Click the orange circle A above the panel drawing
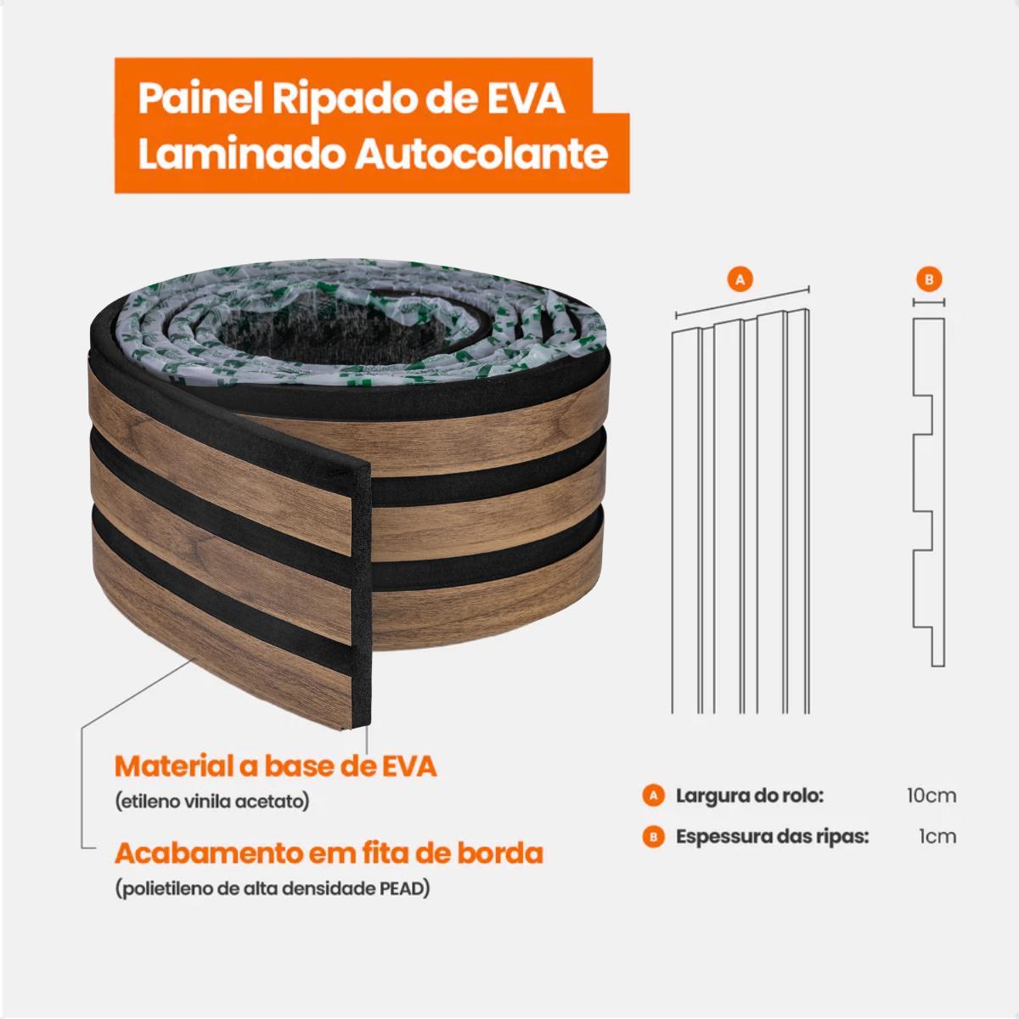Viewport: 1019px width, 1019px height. click(x=740, y=279)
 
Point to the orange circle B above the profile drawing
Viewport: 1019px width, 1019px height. click(x=929, y=279)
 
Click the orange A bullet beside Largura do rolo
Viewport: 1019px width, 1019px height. click(x=654, y=796)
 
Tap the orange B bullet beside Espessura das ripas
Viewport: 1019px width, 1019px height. click(x=654, y=837)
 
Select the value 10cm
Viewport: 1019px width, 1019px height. click(x=932, y=796)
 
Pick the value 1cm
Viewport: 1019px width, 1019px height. click(x=937, y=837)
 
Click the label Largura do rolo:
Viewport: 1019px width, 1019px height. click(x=750, y=796)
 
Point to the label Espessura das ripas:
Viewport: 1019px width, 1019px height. click(x=773, y=837)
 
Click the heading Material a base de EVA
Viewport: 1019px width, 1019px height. click(x=276, y=766)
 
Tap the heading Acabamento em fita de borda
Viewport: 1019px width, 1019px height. click(x=329, y=853)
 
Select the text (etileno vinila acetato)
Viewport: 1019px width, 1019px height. click(x=212, y=802)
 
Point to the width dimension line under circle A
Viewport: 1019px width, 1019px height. click(x=742, y=303)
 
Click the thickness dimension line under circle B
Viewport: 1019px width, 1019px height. click(x=929, y=303)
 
